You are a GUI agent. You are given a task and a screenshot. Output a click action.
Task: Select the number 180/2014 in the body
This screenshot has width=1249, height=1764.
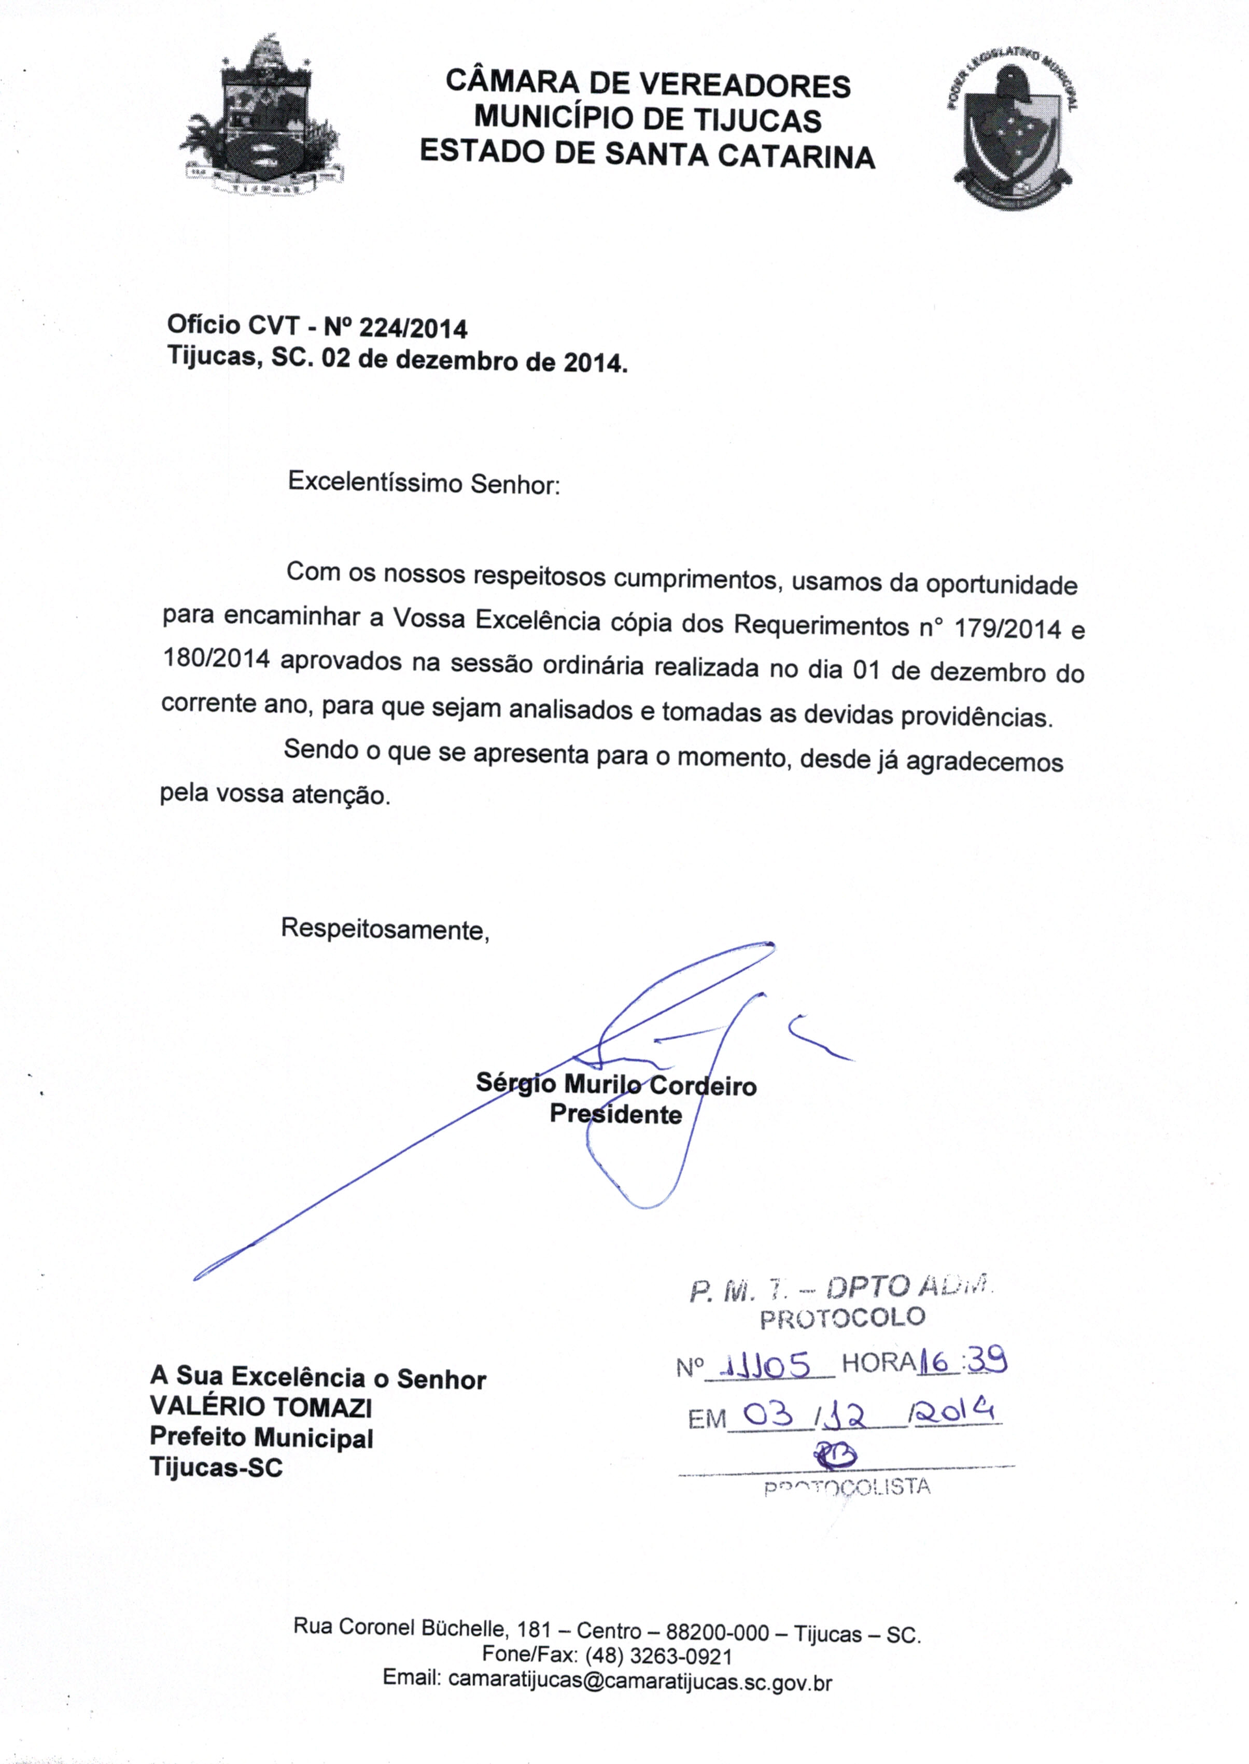215,660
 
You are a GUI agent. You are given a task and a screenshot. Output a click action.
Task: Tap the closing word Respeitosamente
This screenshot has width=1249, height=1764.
385,929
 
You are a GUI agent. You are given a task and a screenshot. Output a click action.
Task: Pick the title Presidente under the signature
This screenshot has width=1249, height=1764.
615,1114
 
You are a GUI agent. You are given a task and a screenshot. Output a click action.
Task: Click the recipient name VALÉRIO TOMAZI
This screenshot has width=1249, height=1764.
261,1406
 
